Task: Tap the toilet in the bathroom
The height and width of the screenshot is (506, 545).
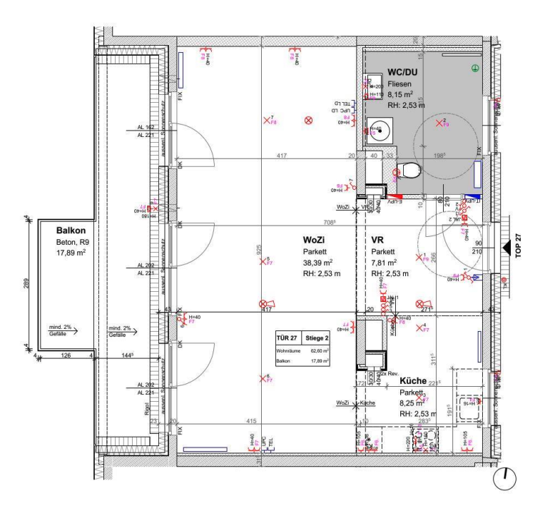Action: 409,171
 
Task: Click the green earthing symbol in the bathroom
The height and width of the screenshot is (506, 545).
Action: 475,68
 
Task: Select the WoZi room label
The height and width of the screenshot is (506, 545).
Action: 315,241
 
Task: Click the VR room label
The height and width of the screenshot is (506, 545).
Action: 377,241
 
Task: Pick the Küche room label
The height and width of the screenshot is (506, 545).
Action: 413,381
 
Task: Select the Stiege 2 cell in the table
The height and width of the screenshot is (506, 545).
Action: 315,338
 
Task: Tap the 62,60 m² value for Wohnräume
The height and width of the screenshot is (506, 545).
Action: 319,351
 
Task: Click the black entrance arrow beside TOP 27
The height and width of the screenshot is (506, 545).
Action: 507,247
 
